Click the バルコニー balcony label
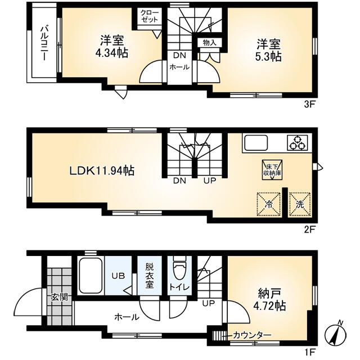(44, 44)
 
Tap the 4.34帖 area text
(111, 53)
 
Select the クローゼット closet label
(150, 16)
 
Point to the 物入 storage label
(209, 43)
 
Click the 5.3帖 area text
(268, 56)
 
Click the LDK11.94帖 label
(102, 171)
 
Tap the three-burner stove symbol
(298, 143)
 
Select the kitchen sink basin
(256, 143)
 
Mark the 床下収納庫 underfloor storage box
(272, 170)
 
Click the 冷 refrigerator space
(269, 204)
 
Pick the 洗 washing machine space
(300, 204)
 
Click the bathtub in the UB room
(91, 276)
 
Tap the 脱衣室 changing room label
(149, 276)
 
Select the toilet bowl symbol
(179, 270)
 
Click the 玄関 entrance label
(59, 298)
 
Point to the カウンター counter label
(252, 336)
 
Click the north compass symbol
(335, 334)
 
